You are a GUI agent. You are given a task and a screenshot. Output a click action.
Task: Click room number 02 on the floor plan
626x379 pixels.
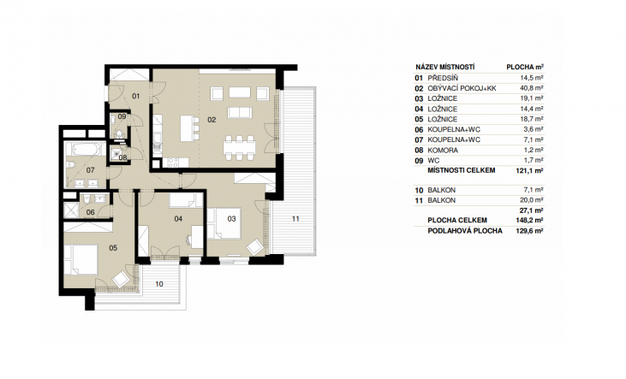(x=212, y=120)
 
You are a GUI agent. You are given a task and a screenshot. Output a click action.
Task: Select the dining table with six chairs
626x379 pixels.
(x=239, y=148)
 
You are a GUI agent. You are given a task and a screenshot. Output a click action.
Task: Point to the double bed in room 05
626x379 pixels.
(x=81, y=260)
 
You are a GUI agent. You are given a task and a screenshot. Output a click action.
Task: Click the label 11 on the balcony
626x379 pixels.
(x=295, y=219)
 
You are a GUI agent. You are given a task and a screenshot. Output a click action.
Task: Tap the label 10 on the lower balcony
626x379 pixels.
(x=159, y=284)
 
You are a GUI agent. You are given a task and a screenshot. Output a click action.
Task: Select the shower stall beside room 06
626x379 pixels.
(x=71, y=210)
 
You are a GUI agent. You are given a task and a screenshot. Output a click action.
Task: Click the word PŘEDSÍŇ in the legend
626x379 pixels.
(x=443, y=78)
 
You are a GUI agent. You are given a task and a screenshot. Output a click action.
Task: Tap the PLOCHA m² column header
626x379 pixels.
(x=525, y=67)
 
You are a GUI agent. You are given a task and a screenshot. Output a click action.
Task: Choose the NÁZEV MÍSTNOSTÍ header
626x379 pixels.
(x=444, y=67)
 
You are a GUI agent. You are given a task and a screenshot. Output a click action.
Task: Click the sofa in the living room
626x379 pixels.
(x=239, y=113)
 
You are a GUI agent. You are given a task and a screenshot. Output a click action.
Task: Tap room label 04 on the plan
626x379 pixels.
(x=178, y=219)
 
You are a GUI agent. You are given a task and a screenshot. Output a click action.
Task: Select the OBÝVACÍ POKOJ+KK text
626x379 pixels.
(x=462, y=89)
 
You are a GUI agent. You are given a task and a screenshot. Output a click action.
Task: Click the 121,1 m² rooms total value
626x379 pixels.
(x=529, y=170)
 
